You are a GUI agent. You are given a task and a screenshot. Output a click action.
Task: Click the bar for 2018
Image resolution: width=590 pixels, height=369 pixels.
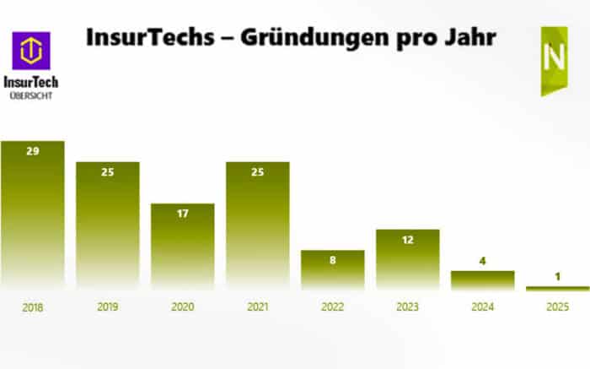32,215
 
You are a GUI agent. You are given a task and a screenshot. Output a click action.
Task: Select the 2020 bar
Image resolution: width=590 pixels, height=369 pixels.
182,245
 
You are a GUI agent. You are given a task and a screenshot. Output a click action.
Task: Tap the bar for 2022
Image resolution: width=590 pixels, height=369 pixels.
332,269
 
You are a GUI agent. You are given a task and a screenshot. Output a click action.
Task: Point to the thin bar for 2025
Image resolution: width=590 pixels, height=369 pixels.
557,289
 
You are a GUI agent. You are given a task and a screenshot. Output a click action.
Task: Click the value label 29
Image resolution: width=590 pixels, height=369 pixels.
32,150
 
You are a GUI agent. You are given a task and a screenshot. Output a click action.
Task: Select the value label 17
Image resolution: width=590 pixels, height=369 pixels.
182,213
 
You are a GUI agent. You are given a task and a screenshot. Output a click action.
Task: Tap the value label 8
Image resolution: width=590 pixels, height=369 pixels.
332,260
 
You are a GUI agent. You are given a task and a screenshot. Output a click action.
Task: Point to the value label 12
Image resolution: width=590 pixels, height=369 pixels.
407,239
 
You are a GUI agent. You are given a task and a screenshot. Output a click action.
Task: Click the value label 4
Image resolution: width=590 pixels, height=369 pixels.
482,261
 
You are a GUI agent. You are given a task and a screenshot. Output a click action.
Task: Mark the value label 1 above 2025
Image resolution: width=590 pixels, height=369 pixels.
557,276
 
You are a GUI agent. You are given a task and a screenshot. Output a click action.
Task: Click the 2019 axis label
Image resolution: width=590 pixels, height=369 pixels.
107,307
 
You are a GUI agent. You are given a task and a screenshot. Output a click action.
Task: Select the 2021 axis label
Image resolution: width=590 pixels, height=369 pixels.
257,307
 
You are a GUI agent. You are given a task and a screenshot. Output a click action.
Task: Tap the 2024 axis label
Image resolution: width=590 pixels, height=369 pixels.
482,307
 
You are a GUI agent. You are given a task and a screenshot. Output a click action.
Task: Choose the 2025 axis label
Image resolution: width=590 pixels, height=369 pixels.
557,307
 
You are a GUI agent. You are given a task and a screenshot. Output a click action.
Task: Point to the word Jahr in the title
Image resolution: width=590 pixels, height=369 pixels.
464,38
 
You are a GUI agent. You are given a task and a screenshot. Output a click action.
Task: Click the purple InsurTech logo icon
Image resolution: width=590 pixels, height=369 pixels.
31,51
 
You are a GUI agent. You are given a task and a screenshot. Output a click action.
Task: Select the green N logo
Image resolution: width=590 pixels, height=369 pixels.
554,60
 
